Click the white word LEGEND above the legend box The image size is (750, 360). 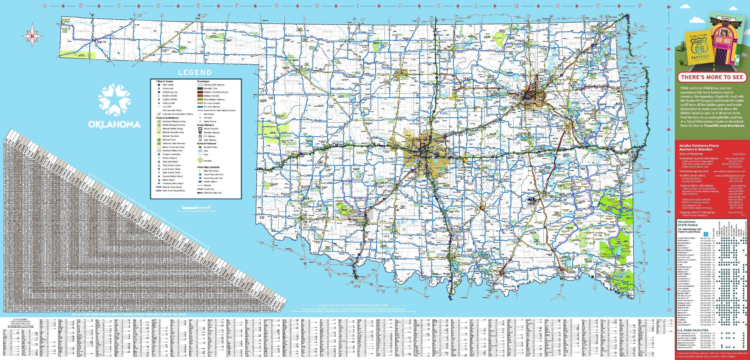point(195,72)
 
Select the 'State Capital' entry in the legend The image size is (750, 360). point(168,85)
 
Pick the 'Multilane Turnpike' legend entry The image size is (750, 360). point(211,96)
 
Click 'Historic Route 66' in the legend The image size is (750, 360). point(211,129)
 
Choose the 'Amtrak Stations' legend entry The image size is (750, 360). point(210,182)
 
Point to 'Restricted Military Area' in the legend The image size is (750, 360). point(172,151)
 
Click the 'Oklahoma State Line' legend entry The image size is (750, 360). point(213,193)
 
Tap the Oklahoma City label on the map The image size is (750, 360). point(442,141)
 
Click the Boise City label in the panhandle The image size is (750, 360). point(102,42)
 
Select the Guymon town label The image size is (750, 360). point(166,50)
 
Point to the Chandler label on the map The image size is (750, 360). point(472,134)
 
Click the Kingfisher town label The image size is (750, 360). point(402,117)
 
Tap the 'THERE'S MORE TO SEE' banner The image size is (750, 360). point(712,77)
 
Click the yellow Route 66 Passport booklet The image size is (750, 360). point(699,48)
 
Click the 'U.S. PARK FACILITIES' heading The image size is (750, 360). point(693,330)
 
